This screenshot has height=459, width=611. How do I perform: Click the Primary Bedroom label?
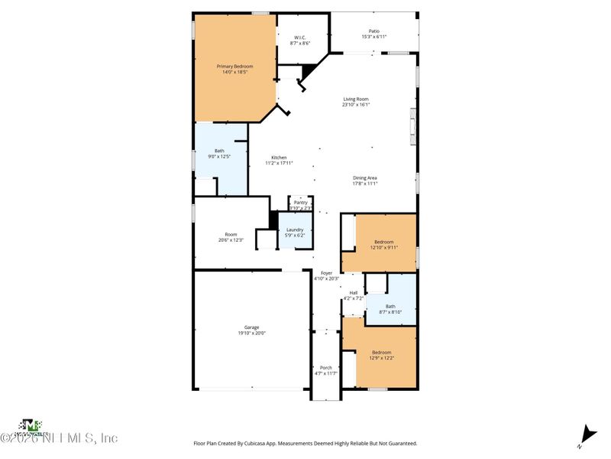click(x=237, y=67)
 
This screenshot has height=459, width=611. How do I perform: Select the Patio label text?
click(x=373, y=31)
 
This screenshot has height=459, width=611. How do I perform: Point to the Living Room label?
click(x=356, y=99)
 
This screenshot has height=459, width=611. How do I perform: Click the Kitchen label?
click(x=279, y=158)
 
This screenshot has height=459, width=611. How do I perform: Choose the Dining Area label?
click(x=365, y=178)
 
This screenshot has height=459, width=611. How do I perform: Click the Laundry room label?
click(x=295, y=229)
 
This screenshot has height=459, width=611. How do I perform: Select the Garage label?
click(x=251, y=327)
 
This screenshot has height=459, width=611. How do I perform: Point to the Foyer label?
click(x=326, y=273)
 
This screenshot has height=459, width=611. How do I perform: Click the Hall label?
click(x=354, y=292)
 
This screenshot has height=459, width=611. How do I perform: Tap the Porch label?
click(x=325, y=367)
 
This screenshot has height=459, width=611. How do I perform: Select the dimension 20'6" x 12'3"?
click(x=231, y=240)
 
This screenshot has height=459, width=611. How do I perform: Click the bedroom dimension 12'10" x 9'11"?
click(x=383, y=247)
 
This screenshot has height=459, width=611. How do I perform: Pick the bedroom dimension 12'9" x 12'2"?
click(x=383, y=357)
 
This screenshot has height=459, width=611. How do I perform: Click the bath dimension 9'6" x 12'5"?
click(x=219, y=156)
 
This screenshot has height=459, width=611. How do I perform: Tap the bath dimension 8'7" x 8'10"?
click(x=391, y=312)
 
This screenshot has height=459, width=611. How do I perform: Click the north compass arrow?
click(x=586, y=433)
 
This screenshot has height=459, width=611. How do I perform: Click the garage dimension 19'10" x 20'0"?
click(x=251, y=333)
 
